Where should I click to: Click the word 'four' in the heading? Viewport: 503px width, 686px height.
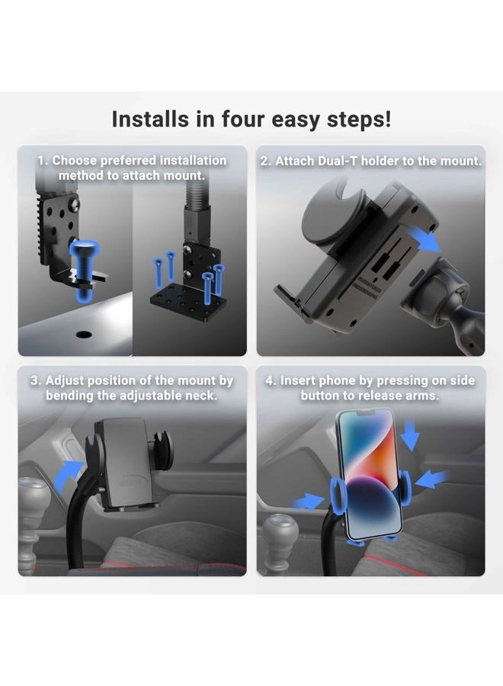(x=244, y=119)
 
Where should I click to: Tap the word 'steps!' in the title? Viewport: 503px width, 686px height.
(x=359, y=120)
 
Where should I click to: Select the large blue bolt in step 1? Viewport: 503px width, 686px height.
(x=84, y=269)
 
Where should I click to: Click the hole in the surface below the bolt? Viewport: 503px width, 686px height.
(x=84, y=335)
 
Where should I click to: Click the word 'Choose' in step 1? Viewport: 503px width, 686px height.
(x=75, y=161)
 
